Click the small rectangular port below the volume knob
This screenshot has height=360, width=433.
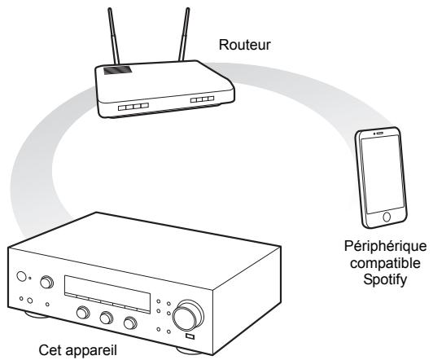pyautogui.click(x=190, y=336)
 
